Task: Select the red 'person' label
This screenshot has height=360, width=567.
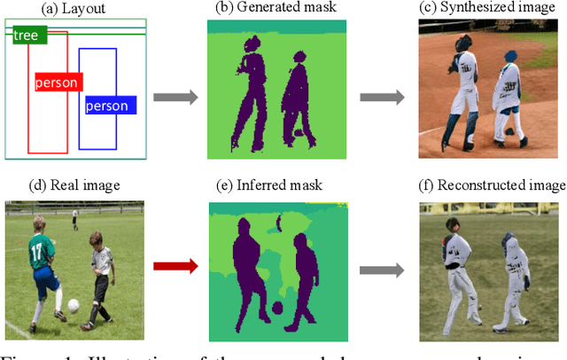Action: tap(57, 82)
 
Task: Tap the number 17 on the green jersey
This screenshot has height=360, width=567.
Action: tap(36, 251)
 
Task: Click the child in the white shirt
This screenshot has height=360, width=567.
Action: tap(100, 275)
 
